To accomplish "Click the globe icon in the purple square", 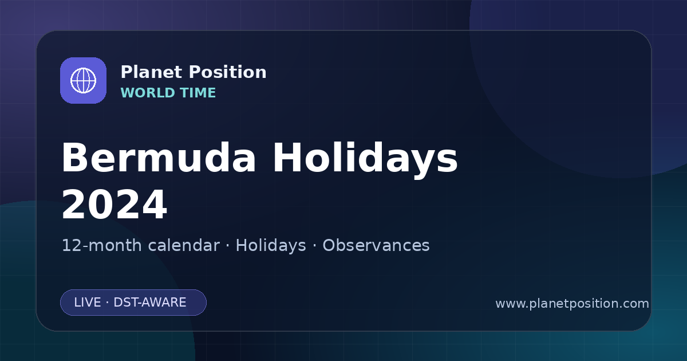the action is (x=83, y=80).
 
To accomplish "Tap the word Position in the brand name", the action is (x=228, y=72).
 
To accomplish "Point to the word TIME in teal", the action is (x=198, y=93).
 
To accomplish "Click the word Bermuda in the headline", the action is (x=159, y=158).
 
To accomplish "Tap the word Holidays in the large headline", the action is (x=365, y=160).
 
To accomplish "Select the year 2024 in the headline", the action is (x=114, y=205).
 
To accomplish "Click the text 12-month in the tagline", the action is (x=102, y=246).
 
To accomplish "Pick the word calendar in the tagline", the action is (x=184, y=245).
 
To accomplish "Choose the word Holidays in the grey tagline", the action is (x=271, y=246).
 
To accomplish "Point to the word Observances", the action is (x=376, y=245).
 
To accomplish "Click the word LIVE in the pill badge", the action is (x=88, y=303).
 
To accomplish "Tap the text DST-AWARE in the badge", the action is (x=149, y=303).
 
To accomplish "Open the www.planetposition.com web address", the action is (x=572, y=304).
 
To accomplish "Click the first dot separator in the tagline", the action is (x=228, y=246).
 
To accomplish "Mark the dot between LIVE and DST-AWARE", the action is (x=107, y=303).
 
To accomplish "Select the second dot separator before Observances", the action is (x=314, y=246).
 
